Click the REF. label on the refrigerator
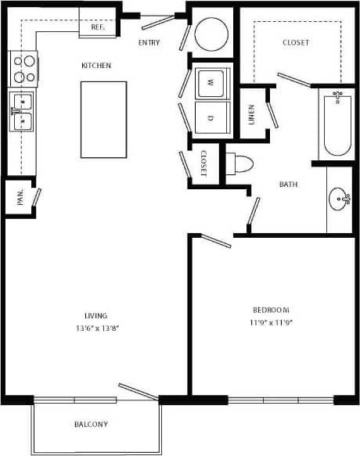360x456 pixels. click(x=98, y=27)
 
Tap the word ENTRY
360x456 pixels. click(x=149, y=42)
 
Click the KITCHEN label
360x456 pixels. click(x=96, y=66)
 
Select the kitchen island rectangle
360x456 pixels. click(x=103, y=118)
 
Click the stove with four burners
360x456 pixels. click(x=23, y=68)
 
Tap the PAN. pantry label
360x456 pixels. click(x=20, y=197)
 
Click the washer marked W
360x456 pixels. click(x=211, y=81)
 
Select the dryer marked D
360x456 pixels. click(x=211, y=118)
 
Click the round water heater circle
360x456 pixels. click(x=211, y=34)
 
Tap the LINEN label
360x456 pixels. click(x=251, y=115)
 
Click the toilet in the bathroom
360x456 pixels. click(x=239, y=164)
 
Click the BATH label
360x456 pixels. click(x=289, y=185)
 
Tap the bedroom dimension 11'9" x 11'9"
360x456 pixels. click(x=271, y=321)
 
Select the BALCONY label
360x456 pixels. click(x=91, y=425)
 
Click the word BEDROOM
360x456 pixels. click(x=271, y=309)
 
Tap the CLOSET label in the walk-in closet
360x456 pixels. click(x=295, y=42)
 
